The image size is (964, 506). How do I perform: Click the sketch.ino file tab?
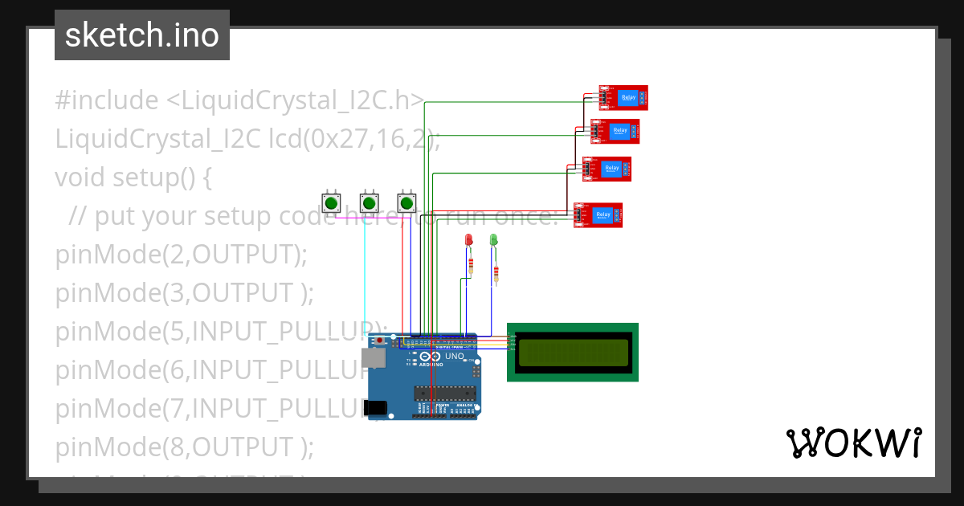(x=142, y=35)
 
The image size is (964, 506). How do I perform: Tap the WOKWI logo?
(x=852, y=443)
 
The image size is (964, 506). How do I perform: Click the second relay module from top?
(x=615, y=131)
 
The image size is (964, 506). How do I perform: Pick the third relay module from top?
(x=607, y=169)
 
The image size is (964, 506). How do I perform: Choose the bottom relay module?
(x=598, y=215)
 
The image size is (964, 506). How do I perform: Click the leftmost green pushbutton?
(x=330, y=202)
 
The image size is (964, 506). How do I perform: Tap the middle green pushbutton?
(x=368, y=202)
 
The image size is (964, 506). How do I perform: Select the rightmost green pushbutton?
(x=406, y=202)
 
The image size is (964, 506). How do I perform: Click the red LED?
(x=468, y=240)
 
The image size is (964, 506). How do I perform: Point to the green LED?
(x=494, y=239)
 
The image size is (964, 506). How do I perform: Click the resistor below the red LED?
(x=471, y=266)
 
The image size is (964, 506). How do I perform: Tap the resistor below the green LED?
(x=496, y=275)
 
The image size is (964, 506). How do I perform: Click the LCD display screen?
(x=573, y=353)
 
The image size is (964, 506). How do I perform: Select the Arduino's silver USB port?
(x=374, y=358)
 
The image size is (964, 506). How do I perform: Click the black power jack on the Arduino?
(x=374, y=409)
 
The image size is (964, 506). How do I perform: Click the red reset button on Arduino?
(x=379, y=341)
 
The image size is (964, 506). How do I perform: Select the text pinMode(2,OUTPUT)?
(x=182, y=254)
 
